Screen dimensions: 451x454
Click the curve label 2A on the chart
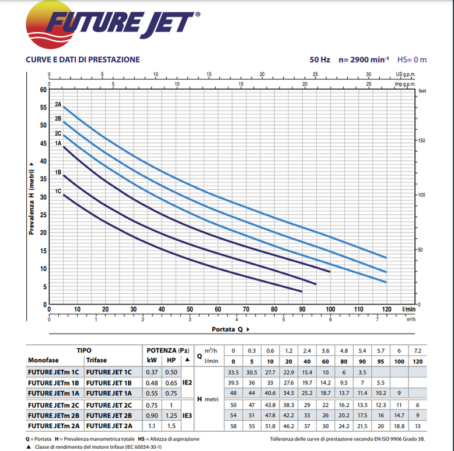pos(58,104)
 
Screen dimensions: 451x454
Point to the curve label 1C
pos(58,191)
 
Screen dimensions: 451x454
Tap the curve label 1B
pos(58,172)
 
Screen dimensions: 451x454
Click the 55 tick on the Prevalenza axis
pos(43,107)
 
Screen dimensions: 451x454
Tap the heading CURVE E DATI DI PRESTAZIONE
pos(82,60)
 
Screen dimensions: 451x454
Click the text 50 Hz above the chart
pos(320,60)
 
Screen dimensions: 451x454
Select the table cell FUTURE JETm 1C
pos(54,372)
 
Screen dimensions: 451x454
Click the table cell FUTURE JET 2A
pos(109,425)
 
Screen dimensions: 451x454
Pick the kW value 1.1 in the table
pos(152,425)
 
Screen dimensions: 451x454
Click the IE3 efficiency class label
pos(187,415)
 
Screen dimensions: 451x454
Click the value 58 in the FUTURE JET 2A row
pos(233,425)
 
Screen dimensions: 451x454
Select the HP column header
pos(171,360)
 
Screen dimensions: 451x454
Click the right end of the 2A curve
pos(386,258)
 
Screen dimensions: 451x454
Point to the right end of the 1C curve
pos(302,291)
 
